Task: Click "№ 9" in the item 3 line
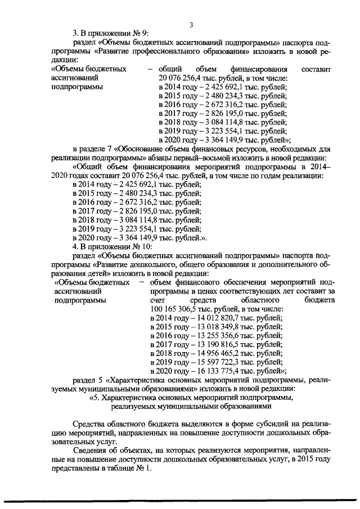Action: [x=138, y=33]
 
